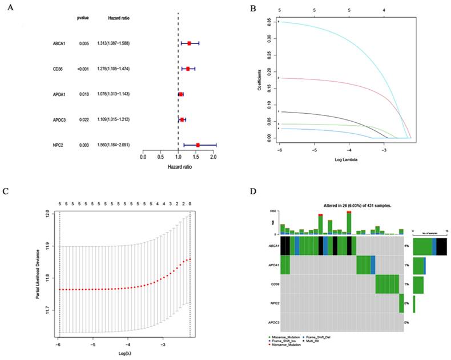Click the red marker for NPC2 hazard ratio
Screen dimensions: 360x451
point(198,145)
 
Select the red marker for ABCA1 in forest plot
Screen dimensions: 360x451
point(190,43)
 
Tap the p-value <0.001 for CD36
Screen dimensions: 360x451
point(83,69)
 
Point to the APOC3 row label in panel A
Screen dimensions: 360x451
point(59,119)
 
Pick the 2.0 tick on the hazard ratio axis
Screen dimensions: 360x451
point(213,156)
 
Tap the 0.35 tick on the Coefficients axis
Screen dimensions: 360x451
point(269,22)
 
